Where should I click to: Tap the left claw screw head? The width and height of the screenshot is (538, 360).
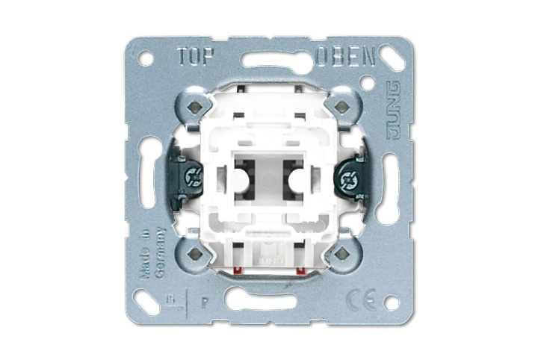[x=193, y=179]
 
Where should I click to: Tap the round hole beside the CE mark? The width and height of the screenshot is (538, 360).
[x=390, y=302]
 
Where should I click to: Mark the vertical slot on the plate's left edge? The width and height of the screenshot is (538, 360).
[x=149, y=180]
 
